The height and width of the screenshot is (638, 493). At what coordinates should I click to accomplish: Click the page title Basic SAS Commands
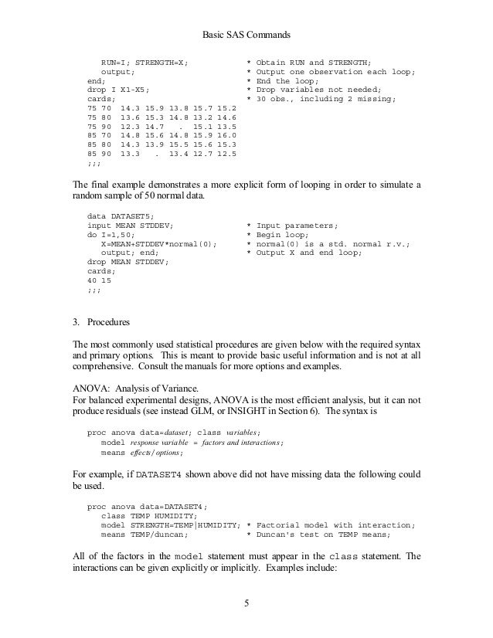point(246,34)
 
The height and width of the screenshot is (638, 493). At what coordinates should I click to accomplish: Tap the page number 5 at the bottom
point(246,603)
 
